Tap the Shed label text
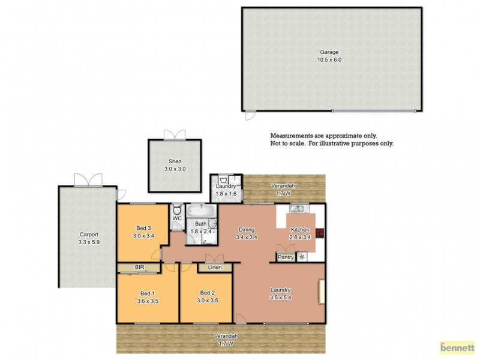coord(175,161)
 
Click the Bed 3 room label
coord(143,227)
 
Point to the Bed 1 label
coord(146,293)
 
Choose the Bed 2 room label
coord(207,293)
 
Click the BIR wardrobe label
coord(139,266)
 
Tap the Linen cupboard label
coord(215,267)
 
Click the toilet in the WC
coord(177,210)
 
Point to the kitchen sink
coord(298,208)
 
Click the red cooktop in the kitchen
coord(320,233)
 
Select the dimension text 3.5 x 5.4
coord(280,297)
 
